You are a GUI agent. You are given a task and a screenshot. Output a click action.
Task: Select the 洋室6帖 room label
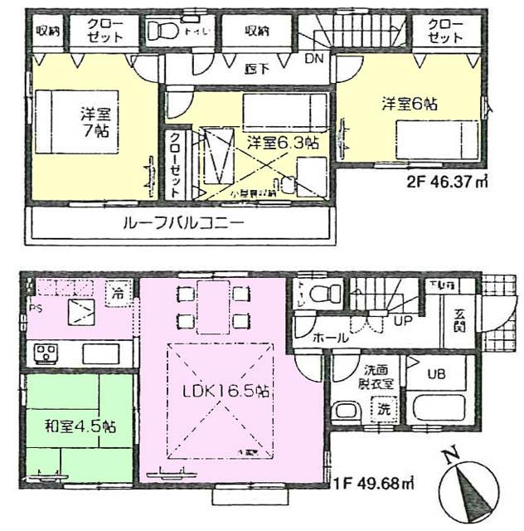410,105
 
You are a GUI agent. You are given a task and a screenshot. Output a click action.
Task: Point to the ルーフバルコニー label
183,224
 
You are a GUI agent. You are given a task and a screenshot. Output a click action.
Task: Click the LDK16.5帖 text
226,389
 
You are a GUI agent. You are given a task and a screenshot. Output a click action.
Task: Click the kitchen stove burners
44,354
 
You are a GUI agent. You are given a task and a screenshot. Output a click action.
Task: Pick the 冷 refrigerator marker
119,292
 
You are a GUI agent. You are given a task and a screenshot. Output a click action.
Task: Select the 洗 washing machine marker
382,408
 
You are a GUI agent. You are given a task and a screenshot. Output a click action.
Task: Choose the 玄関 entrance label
458,319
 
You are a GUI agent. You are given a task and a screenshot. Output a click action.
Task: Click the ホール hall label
330,338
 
